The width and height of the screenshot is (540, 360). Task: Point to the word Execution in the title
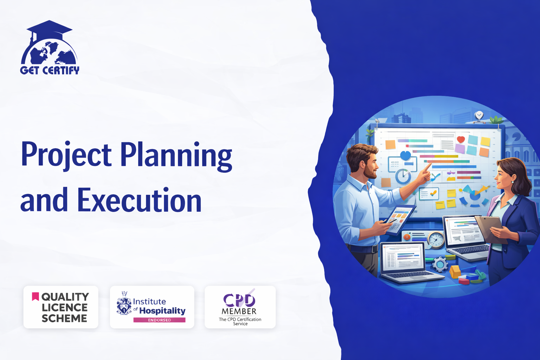pyautogui.click(x=139, y=200)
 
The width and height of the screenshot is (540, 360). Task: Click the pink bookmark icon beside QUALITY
pyautogui.click(x=36, y=297)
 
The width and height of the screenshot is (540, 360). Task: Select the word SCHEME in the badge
pyautogui.click(x=64, y=319)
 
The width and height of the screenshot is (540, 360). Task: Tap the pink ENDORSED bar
pyautogui.click(x=159, y=320)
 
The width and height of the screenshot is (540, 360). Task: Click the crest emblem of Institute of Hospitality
pyautogui.click(x=124, y=303)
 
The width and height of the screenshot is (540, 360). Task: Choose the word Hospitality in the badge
pyautogui.click(x=162, y=311)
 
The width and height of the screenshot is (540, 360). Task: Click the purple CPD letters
pyautogui.click(x=239, y=300)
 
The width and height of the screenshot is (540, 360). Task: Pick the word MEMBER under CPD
pyautogui.click(x=239, y=311)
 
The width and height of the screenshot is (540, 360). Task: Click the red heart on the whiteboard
pyautogui.click(x=461, y=139)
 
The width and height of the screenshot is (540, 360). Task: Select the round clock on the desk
pyautogui.click(x=436, y=240)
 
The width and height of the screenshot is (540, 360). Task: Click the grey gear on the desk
pyautogui.click(x=440, y=264)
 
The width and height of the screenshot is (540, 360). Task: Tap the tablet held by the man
pyautogui.click(x=399, y=220)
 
